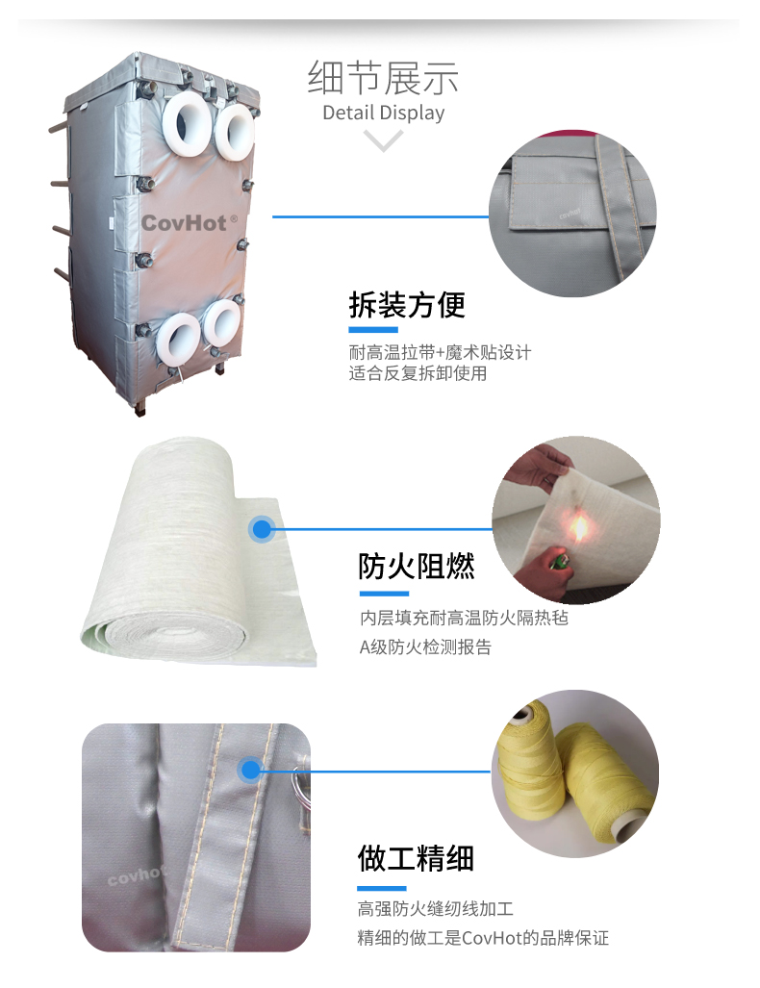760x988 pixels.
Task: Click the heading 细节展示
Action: coord(383,78)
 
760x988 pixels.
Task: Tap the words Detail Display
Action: coord(383,113)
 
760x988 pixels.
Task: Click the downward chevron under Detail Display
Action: coord(383,140)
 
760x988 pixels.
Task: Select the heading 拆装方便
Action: coord(407,304)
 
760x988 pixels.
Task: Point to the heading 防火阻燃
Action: coord(416,566)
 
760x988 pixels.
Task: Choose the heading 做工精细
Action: coord(416,858)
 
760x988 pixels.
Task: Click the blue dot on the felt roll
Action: coord(262,529)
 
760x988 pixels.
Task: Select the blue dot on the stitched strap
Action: coord(251,770)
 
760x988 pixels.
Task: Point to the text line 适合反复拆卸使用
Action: coord(418,373)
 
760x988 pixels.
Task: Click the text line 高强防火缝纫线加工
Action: coord(436,908)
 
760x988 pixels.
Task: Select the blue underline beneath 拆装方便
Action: coord(373,330)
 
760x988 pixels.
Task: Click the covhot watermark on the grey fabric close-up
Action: coord(136,874)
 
